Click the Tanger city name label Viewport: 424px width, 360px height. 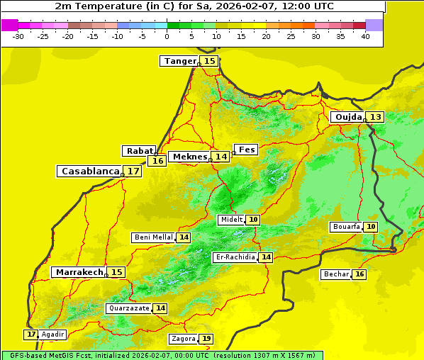point(179,61)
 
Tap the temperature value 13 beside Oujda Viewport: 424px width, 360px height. point(375,117)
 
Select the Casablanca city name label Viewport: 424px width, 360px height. point(90,171)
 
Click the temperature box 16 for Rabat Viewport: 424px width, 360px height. point(157,161)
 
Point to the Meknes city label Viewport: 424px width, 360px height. point(190,157)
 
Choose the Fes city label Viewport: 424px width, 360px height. point(246,150)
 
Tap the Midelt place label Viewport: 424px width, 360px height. point(231,220)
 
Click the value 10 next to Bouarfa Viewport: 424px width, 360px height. point(371,227)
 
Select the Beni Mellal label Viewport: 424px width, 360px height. point(153,237)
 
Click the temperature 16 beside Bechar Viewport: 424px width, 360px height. point(359,274)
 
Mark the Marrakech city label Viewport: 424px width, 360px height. point(79,272)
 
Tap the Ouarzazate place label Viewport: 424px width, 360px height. point(128,308)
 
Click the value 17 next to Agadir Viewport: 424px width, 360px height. point(30,334)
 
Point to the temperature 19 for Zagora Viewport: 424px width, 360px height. point(206,339)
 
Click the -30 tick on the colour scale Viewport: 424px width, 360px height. point(18,36)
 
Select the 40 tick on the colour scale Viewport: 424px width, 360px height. point(365,36)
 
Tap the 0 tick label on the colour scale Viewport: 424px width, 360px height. point(167,36)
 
